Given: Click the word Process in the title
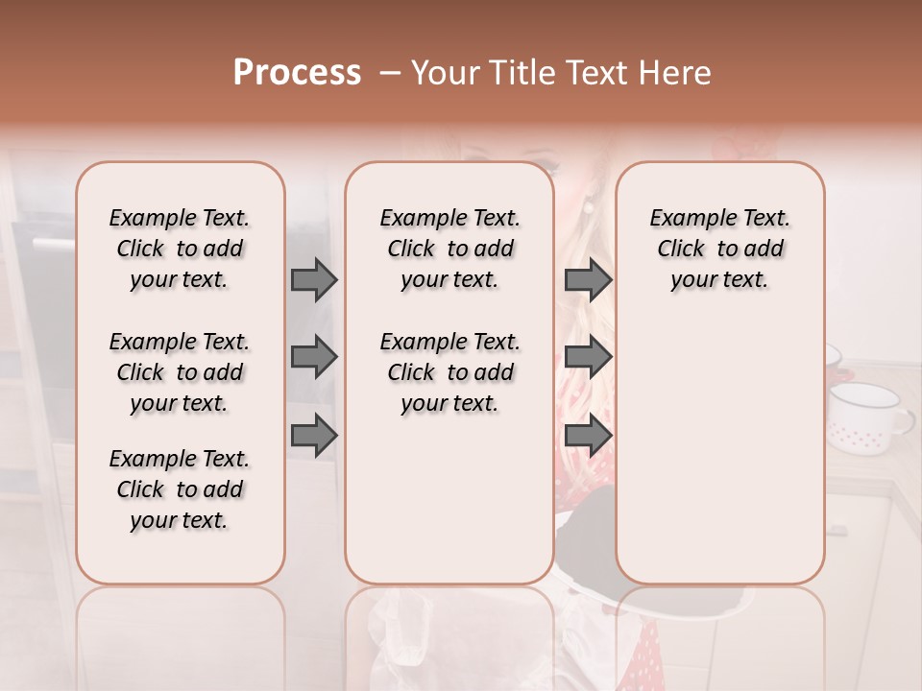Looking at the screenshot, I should click(297, 73).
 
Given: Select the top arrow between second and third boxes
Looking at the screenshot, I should click(588, 279).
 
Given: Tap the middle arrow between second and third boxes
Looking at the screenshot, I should click(588, 357).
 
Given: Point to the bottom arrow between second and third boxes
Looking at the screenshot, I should click(588, 435).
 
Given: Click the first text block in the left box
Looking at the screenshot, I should click(180, 249).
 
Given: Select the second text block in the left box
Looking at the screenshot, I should click(180, 372).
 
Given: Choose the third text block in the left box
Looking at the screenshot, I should click(180, 489).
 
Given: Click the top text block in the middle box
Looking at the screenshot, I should click(449, 249).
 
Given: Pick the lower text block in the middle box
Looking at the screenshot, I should click(449, 372).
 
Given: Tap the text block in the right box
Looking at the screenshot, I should click(719, 249).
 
